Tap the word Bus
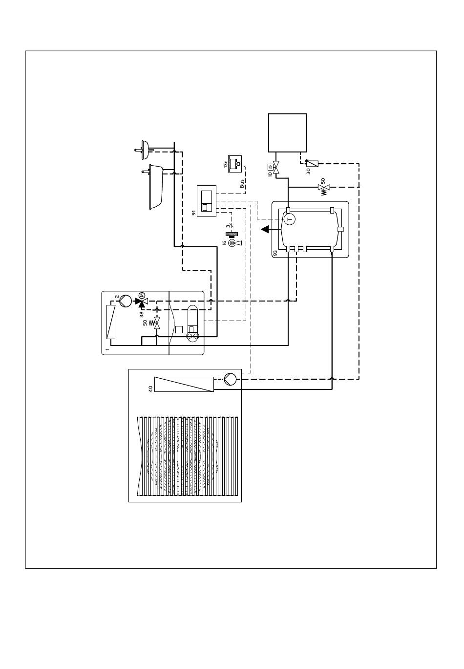pyautogui.click(x=242, y=183)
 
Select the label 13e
pyautogui.click(x=226, y=164)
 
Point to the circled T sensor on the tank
pyautogui.click(x=289, y=220)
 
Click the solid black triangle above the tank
pyautogui.click(x=265, y=229)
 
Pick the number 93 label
pyautogui.click(x=275, y=253)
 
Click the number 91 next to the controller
pyautogui.click(x=193, y=213)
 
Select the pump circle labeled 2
pyautogui.click(x=125, y=301)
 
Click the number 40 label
pyautogui.click(x=150, y=388)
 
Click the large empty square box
pyautogui.click(x=288, y=132)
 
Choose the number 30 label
pyautogui.click(x=308, y=171)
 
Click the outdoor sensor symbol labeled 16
pyautogui.click(x=232, y=241)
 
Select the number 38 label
pyautogui.click(x=142, y=314)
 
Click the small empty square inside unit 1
pyautogui.click(x=179, y=329)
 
